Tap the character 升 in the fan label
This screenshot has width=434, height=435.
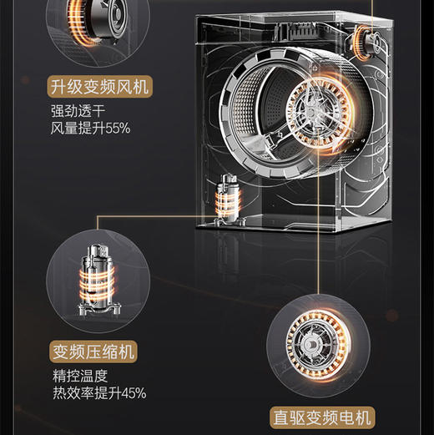(57, 85)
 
